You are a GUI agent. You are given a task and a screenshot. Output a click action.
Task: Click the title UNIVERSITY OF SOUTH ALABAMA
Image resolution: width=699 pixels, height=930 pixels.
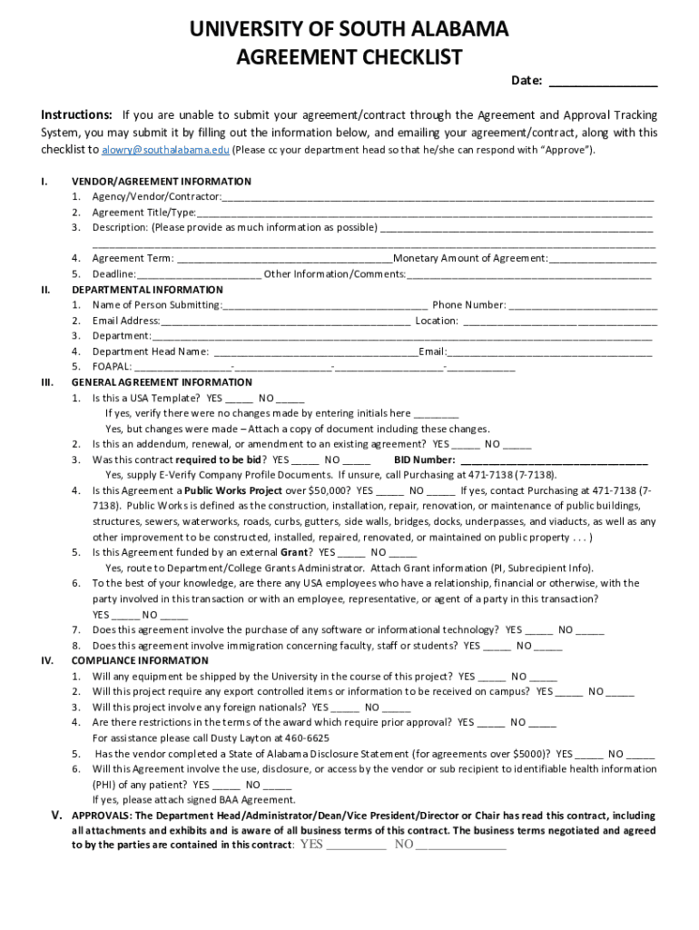[x=349, y=30]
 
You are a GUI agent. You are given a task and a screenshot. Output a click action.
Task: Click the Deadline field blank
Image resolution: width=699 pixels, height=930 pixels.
[x=199, y=274]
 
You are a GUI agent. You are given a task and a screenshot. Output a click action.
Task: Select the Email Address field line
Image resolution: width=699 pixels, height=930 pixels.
[x=285, y=322]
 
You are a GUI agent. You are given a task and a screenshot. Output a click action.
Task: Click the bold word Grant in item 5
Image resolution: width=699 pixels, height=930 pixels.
[x=294, y=552]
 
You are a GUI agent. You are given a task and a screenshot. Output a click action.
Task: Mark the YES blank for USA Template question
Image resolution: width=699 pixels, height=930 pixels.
[x=239, y=399]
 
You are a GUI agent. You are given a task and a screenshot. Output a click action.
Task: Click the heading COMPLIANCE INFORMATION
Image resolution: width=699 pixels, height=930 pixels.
[x=140, y=660]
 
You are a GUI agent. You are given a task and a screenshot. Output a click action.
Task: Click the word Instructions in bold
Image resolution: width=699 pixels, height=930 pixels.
[x=77, y=115]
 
